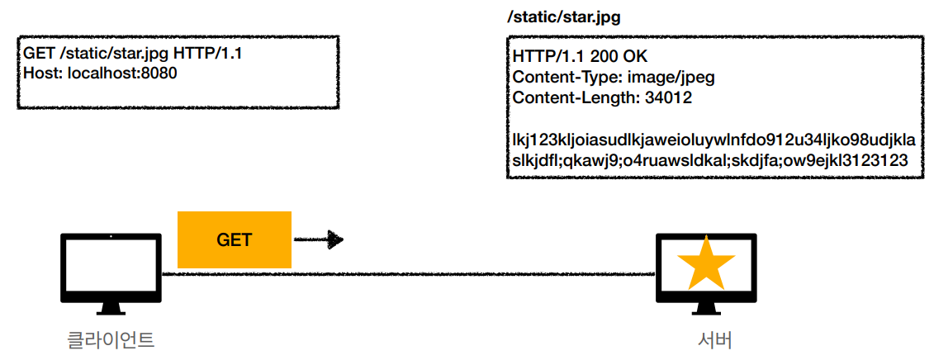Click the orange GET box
pos(235,240)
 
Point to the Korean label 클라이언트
pos(111,339)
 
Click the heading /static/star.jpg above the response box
pos(563,17)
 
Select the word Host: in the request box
pos(43,73)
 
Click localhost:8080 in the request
pos(122,73)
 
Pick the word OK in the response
pos(633,58)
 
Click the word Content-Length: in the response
pos(571,97)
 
